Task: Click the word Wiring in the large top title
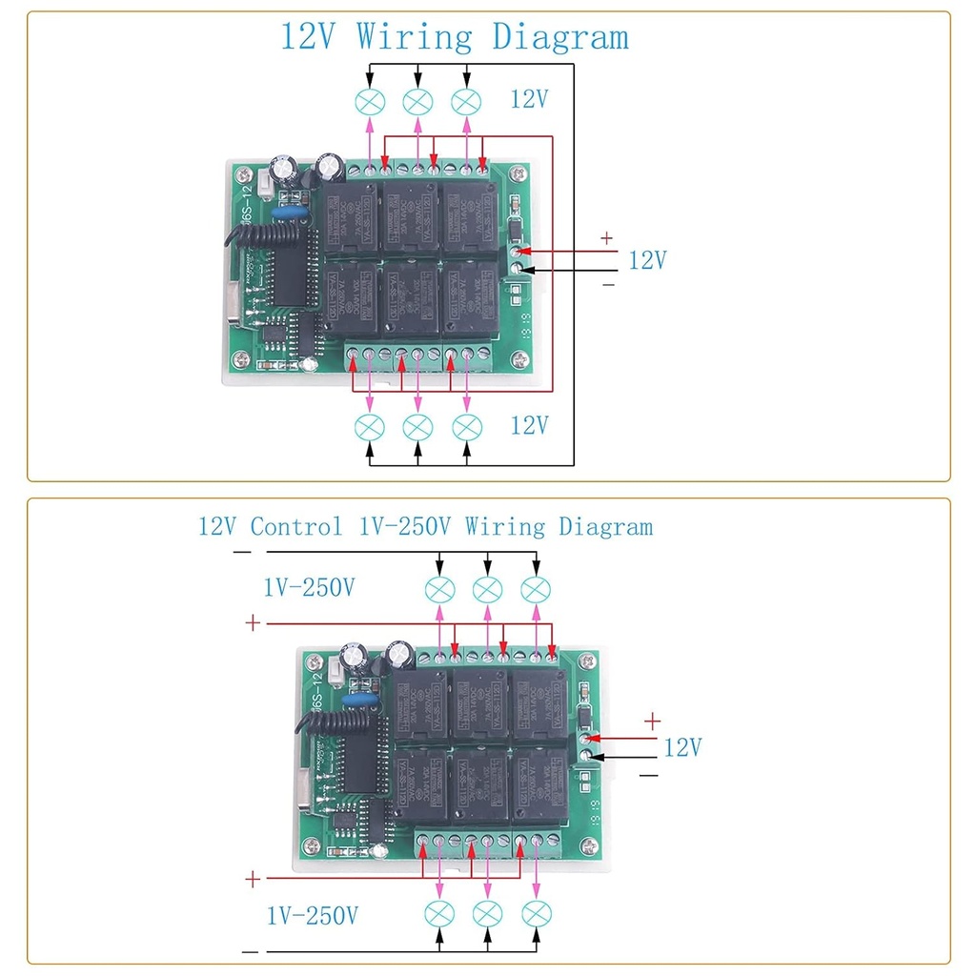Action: (414, 37)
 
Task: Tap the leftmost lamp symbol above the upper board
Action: (369, 101)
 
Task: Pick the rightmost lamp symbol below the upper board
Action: (466, 426)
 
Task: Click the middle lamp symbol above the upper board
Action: (417, 101)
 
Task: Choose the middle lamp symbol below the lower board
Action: (487, 913)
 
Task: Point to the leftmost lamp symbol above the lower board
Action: (438, 590)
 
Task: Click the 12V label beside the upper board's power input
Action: (647, 259)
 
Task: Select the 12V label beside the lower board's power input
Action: (682, 747)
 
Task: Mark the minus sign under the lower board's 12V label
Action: (649, 776)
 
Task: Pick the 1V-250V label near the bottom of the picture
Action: (313, 917)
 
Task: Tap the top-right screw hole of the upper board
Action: (518, 173)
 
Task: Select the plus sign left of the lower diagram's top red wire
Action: (253, 623)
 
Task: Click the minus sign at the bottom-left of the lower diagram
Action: (251, 951)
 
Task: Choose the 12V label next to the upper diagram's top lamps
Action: (529, 99)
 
